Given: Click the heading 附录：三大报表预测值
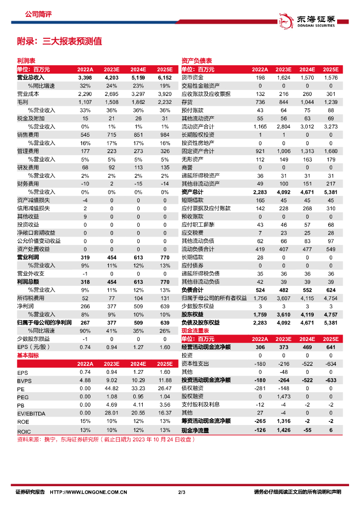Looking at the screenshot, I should [59, 41].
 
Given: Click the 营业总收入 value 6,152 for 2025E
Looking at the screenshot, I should [165, 78].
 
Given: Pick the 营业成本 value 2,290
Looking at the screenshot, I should [85, 94].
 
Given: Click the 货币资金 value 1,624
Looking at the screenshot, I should [283, 78].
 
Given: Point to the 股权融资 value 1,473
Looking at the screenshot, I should [283, 396].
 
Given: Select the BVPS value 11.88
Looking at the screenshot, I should [165, 381].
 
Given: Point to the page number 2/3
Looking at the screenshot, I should [181, 493].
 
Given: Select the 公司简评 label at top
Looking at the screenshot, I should [38, 14].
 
